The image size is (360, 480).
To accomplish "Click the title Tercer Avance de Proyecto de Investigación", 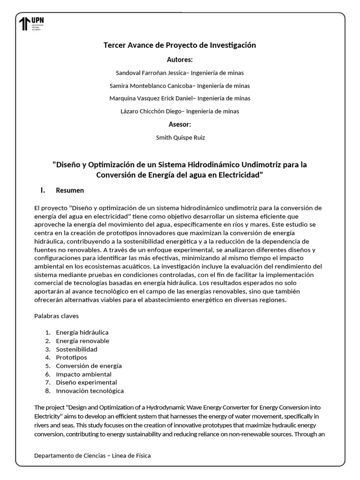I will click(x=180, y=45).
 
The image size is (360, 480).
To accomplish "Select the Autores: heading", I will click(x=180, y=60).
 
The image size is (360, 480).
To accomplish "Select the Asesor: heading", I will click(x=180, y=124).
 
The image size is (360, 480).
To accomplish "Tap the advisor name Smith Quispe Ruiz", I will click(x=180, y=138).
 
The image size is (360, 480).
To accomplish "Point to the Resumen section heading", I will click(x=70, y=190).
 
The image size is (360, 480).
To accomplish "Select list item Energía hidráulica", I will click(x=82, y=332).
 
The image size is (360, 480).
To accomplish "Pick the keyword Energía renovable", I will click(x=82, y=341).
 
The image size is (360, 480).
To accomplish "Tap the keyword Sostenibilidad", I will click(x=76, y=349).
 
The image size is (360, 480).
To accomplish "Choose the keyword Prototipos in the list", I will click(x=71, y=357).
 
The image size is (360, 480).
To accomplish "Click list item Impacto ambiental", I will click(x=83, y=374).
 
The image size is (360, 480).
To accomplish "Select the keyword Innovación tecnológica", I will click(x=90, y=390).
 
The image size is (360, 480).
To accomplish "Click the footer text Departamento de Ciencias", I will click(x=70, y=456).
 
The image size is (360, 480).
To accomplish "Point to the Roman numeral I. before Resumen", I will click(x=43, y=190).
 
